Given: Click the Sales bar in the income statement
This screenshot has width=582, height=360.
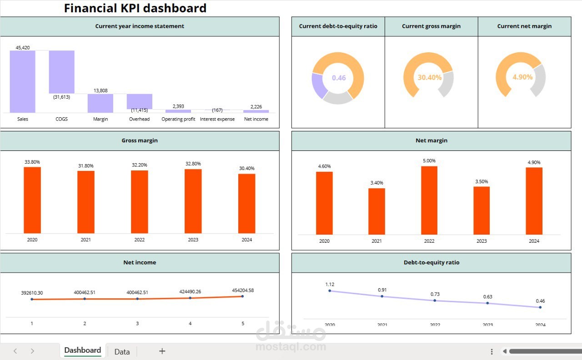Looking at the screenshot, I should point(22,81).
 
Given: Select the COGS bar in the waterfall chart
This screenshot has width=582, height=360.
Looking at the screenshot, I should point(61,72).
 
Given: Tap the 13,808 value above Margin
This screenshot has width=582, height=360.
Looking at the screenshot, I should point(100,90).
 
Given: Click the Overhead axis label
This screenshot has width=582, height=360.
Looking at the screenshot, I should point(139,119).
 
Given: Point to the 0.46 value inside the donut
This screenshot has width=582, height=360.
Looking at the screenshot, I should point(339,78).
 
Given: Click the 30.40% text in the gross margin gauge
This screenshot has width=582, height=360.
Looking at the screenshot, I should point(430,77).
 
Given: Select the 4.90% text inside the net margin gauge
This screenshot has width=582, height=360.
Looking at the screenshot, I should point(522,77).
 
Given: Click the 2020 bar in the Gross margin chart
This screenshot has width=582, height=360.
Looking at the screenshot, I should point(32,200).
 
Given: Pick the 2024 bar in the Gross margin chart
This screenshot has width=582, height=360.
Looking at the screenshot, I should point(246,203).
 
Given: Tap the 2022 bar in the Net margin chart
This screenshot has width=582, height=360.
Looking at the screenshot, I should point(429,200).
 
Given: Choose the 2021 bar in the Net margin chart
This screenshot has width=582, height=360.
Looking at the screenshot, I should point(376,211).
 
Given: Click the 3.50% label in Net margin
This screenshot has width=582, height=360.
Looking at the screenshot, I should point(482,181).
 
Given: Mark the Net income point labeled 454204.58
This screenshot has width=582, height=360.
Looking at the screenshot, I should point(242,296).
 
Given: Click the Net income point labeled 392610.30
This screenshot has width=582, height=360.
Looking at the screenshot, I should point(32,299).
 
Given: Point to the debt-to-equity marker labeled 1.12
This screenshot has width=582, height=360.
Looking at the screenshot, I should point(330,291).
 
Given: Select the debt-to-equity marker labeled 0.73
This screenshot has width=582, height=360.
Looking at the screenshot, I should point(435,300).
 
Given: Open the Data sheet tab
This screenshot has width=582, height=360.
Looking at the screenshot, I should point(122,351).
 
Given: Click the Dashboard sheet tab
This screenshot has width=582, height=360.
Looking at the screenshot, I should point(83,350).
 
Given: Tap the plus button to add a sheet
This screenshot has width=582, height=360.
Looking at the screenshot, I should point(162,351).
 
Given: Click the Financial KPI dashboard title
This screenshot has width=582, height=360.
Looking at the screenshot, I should point(135,8).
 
